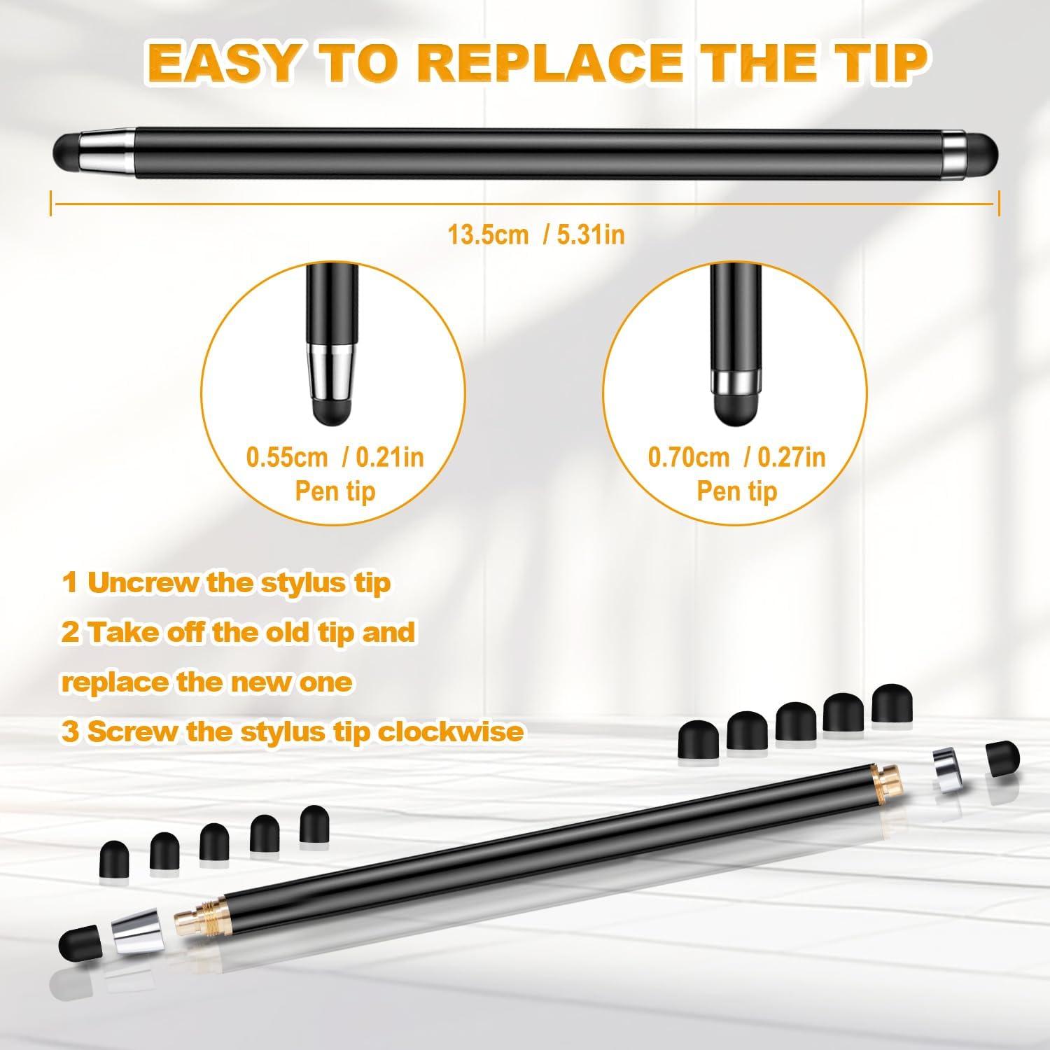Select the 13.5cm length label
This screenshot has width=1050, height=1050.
(x=488, y=234)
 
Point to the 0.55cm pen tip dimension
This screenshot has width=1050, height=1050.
(x=286, y=457)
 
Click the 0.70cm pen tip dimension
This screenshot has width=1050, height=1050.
(x=688, y=457)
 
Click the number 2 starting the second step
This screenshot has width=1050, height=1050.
(x=70, y=633)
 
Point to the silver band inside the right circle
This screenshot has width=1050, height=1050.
(x=734, y=381)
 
